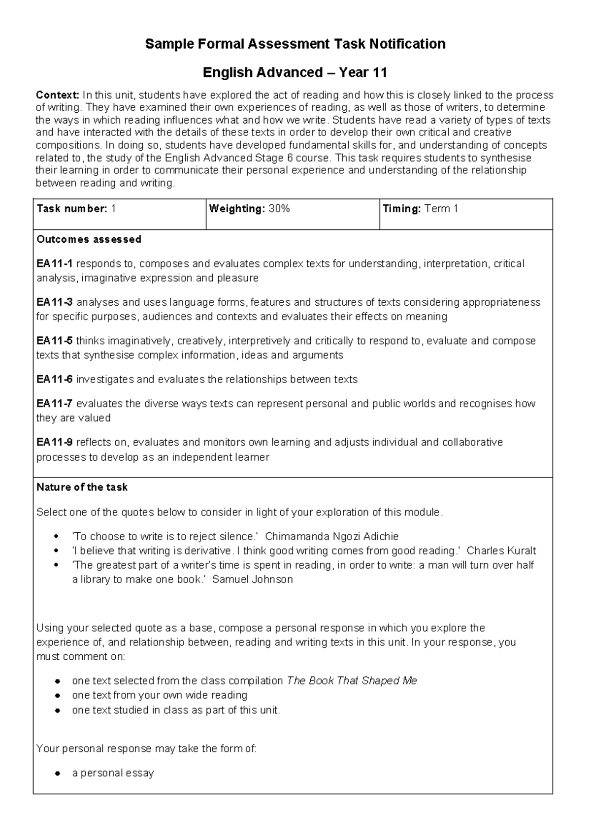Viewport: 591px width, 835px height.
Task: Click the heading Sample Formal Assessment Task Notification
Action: pos(295,44)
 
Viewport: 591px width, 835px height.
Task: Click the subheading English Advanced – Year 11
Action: pos(295,73)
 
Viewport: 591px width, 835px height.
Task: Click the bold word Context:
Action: pos(58,95)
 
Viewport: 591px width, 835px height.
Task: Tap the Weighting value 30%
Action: pos(279,209)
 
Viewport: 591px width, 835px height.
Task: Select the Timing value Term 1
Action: pos(441,209)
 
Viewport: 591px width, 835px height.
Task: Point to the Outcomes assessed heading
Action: pos(89,239)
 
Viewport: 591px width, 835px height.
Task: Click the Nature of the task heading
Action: pos(82,487)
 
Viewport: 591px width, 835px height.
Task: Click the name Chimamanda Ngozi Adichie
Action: pos(331,537)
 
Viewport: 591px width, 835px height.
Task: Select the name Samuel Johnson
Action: pos(252,579)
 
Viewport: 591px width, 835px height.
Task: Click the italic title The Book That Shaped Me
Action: pos(352,681)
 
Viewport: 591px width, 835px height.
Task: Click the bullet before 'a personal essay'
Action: pos(58,773)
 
